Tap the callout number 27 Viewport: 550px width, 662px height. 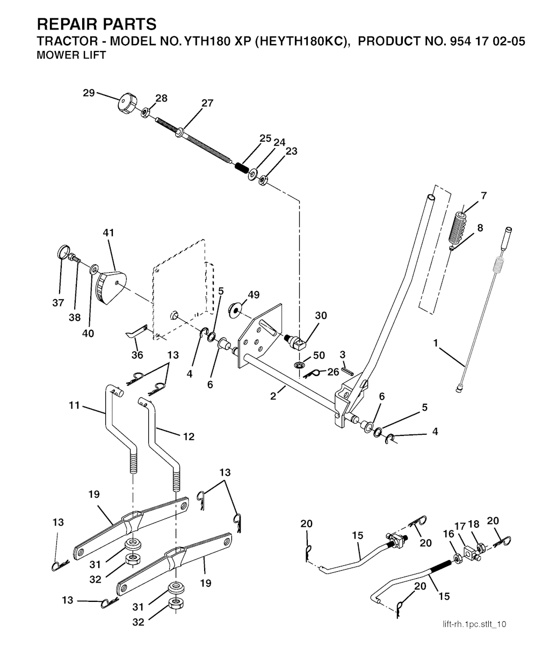click(x=207, y=103)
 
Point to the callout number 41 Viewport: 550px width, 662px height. click(x=108, y=233)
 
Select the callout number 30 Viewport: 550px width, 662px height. click(x=321, y=316)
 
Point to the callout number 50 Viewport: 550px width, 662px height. click(x=319, y=356)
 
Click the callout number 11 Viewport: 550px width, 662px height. click(x=74, y=405)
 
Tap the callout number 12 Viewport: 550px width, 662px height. click(x=189, y=437)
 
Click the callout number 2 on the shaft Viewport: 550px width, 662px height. click(x=273, y=396)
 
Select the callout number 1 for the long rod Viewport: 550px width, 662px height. click(x=436, y=341)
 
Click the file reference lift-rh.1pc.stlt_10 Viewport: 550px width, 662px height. click(x=474, y=623)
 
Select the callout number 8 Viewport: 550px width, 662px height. click(x=480, y=228)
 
